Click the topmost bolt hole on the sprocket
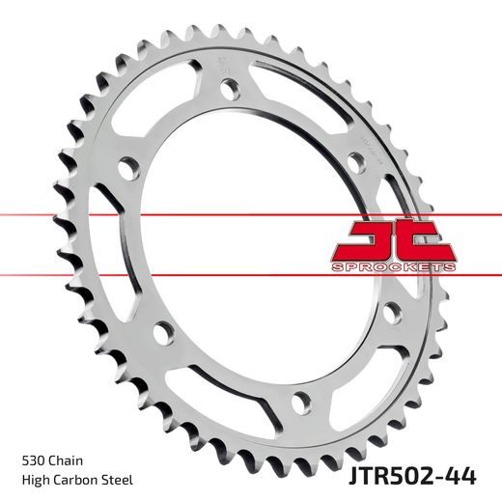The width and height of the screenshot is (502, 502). [x=229, y=89]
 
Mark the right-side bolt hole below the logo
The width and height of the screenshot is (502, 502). [x=389, y=314]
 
